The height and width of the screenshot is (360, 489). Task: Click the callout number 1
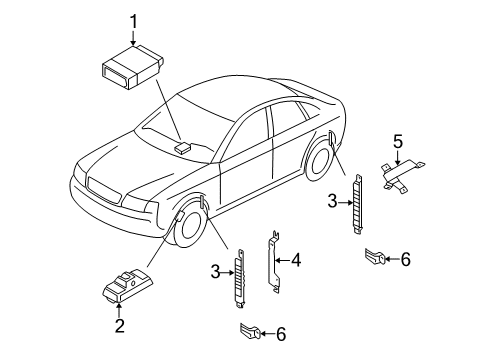click(133, 22)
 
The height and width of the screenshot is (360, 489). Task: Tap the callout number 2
click(120, 325)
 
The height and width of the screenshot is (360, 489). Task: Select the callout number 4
click(296, 260)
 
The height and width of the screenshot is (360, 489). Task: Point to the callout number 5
click(398, 141)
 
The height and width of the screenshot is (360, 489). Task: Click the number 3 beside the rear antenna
click(333, 201)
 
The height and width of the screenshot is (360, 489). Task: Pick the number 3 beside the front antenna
click(216, 272)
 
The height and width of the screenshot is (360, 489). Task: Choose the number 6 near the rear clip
click(405, 259)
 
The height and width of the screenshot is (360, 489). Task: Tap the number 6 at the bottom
click(281, 334)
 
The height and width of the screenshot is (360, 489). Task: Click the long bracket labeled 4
click(274, 262)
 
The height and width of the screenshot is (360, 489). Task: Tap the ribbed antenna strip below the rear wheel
click(358, 204)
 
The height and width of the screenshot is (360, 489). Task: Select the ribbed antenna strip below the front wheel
click(240, 278)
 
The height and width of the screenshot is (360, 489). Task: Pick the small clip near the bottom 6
click(250, 331)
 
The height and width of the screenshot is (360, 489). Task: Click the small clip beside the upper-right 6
click(375, 256)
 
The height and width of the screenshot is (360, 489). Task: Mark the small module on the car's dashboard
click(182, 147)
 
